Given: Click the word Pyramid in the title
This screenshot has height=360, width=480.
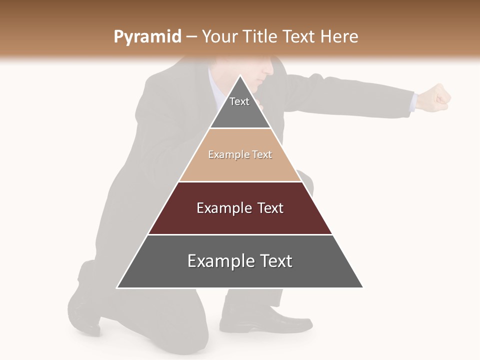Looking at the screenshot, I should [147, 37].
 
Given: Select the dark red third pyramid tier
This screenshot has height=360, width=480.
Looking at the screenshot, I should [240, 220].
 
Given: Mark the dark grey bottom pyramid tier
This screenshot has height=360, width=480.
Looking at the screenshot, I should [240, 275].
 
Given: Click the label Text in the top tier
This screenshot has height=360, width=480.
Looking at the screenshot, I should [239, 101].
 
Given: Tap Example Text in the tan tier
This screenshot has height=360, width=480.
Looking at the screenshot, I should [240, 154].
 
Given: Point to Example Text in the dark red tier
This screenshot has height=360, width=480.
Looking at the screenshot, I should [240, 208].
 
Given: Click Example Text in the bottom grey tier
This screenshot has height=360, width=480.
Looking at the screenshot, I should [240, 261].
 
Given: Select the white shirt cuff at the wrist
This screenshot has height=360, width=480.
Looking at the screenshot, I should [413, 101].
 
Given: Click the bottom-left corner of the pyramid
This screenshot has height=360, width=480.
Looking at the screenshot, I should [117, 287].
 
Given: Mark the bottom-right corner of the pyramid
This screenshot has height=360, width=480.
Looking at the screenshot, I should [362, 287].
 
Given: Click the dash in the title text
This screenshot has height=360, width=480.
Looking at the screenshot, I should [191, 37].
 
